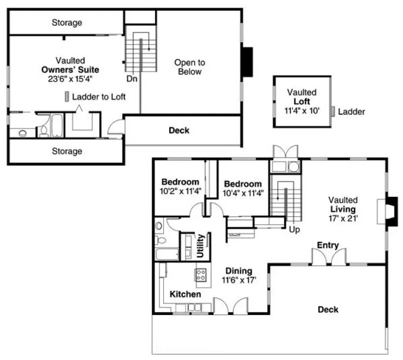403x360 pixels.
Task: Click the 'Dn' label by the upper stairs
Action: [131, 78]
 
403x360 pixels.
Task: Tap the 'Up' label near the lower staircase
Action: [295, 229]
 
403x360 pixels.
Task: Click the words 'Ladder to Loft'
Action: [99, 97]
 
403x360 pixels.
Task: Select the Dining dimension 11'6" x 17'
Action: [239, 280]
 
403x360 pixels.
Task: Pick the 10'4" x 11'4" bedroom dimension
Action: [243, 192]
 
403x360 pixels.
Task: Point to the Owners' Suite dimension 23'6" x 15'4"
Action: [73, 79]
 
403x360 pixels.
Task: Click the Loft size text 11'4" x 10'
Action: [302, 111]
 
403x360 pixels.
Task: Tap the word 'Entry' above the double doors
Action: [328, 245]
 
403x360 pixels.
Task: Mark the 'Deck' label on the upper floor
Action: [178, 130]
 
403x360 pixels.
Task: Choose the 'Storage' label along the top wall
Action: [67, 23]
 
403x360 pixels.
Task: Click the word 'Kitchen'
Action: [185, 294]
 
